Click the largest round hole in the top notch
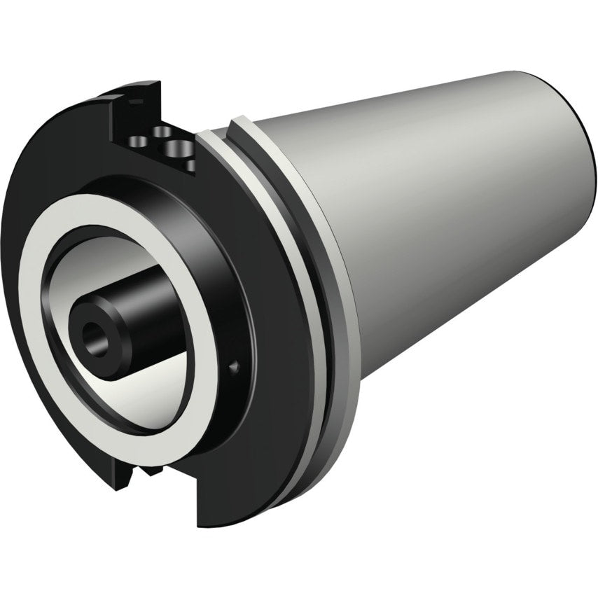(177, 148)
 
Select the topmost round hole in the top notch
(162, 131)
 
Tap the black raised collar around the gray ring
(231, 280)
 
